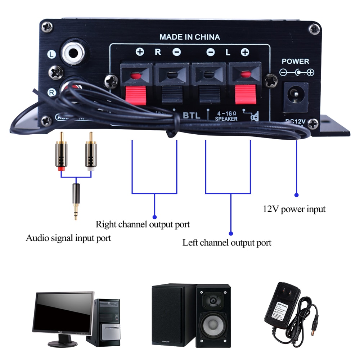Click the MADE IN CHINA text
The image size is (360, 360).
coord(189,37)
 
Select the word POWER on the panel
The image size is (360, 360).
coord(295,62)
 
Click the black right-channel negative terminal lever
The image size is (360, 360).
coord(171,95)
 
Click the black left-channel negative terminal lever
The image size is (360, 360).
coord(210,95)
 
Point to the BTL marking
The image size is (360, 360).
coord(192,116)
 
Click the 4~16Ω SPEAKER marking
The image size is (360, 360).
coord(226,116)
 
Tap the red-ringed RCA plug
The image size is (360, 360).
coord(60,151)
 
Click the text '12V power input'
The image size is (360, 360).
coord(294,209)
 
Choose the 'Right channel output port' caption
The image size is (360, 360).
coord(143,224)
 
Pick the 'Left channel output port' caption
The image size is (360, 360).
coord(227,242)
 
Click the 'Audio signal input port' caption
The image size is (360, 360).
coord(68,238)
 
